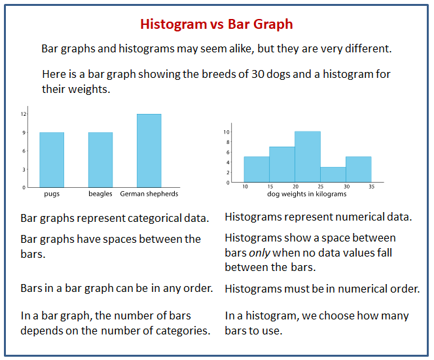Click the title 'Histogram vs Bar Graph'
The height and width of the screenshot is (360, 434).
click(217, 24)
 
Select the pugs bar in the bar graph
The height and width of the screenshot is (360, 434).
click(52, 160)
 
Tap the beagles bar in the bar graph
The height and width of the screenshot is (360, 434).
click(100, 160)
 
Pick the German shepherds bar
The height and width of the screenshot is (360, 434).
click(149, 151)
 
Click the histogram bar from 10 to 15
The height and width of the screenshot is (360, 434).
click(257, 169)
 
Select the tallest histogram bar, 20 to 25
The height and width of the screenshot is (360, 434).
click(307, 156)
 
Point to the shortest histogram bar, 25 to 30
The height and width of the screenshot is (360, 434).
click(333, 174)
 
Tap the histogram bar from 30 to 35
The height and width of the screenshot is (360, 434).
click(358, 169)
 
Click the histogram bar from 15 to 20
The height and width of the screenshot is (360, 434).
click(282, 164)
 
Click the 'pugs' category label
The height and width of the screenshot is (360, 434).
click(52, 194)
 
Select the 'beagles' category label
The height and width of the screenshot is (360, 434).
click(100, 194)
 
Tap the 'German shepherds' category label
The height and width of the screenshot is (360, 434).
click(149, 194)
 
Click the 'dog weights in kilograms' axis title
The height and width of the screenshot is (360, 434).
click(307, 194)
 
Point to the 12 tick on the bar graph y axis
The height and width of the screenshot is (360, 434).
click(23, 114)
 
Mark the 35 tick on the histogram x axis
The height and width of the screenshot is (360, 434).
click(371, 187)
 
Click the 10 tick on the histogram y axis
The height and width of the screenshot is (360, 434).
click(226, 132)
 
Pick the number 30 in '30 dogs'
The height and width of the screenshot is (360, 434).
click(259, 74)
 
